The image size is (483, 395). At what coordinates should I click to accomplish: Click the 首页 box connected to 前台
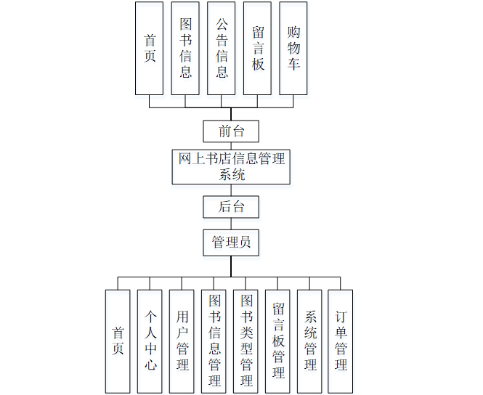149,48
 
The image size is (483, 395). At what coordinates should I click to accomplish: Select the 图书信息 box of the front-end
185,48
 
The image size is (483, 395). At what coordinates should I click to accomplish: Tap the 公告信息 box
222,48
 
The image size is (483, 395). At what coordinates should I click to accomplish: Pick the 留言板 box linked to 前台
257,48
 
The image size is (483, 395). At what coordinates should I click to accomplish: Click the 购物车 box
293,48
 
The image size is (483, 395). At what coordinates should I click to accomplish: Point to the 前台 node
231,131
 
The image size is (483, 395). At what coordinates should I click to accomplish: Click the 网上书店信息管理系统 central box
231,166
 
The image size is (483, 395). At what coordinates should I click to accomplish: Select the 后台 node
231,206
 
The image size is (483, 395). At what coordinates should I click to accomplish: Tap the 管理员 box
231,243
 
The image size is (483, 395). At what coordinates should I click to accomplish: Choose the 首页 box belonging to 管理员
118,341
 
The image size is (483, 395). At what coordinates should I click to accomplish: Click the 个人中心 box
150,341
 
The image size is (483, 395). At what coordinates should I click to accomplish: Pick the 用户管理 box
182,341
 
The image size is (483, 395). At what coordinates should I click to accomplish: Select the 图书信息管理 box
214,341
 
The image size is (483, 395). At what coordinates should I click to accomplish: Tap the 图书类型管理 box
245,341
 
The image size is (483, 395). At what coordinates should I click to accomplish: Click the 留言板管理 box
277,341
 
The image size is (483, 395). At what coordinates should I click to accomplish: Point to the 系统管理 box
309,341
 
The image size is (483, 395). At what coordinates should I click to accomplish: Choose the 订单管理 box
341,341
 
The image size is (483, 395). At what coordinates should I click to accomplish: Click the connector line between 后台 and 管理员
231,224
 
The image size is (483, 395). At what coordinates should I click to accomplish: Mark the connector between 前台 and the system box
231,145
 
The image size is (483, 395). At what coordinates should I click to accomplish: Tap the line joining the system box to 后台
231,190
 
